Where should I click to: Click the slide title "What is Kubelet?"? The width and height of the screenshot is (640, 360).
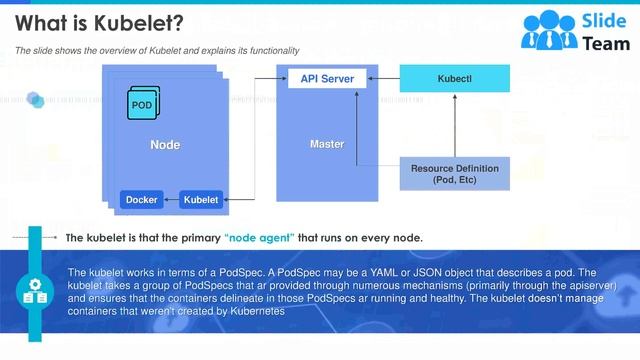(89, 22)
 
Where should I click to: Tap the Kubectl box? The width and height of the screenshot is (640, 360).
(454, 78)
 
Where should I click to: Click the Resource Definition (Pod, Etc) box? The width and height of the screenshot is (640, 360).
(454, 173)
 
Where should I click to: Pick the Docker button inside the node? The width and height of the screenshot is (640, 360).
(141, 200)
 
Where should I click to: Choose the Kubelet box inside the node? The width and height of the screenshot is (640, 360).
(200, 200)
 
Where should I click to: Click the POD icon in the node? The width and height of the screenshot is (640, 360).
(142, 104)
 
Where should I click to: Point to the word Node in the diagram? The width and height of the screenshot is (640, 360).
(165, 145)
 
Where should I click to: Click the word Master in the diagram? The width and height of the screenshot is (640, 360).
(327, 144)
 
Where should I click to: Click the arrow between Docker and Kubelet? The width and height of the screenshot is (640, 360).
(170, 200)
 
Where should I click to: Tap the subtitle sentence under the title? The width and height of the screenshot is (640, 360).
(156, 50)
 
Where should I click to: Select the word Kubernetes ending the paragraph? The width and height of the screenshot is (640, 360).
(257, 311)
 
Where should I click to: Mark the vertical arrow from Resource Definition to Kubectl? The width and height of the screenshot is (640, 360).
(454, 125)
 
